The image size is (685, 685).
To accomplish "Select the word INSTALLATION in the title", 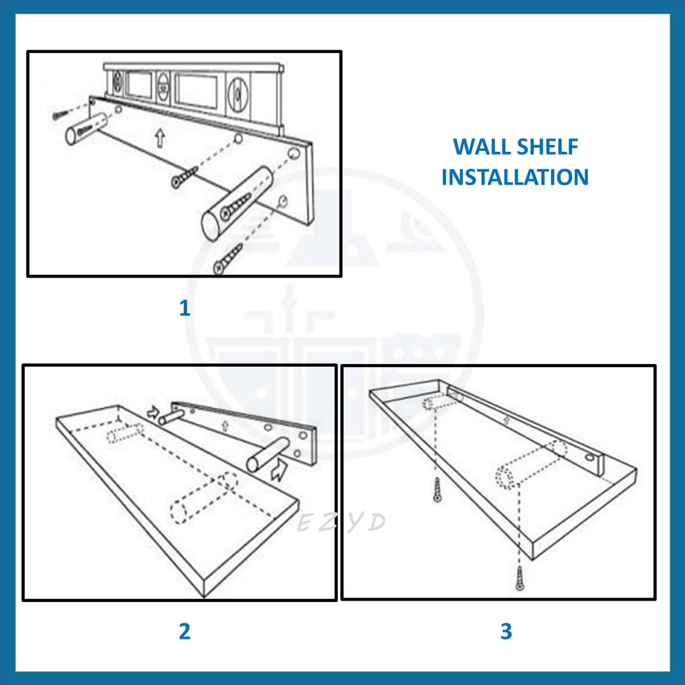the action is point(515,177).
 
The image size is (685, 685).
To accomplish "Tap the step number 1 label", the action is point(185,308).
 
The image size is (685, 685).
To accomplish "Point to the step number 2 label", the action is point(185,631).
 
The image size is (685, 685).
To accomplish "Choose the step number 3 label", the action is point(506,631).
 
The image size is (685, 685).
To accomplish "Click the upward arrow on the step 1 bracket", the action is point(161,138).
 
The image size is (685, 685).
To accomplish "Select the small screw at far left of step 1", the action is point(60,114).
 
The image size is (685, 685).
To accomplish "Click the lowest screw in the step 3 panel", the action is point(519,578).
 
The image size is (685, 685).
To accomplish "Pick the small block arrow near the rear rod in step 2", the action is point(153,411).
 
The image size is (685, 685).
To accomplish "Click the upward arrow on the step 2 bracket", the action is point(225,425).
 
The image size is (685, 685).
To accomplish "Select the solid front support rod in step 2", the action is point(268,455).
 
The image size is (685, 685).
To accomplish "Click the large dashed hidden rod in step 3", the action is point(531,465).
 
